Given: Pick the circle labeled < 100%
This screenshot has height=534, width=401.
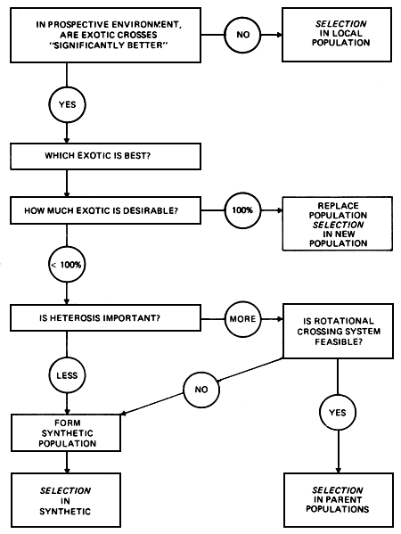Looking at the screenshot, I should [x=67, y=266].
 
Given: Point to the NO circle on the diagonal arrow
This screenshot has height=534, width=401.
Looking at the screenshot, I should [x=200, y=390].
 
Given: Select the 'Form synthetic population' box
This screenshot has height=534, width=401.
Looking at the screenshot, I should [x=67, y=431].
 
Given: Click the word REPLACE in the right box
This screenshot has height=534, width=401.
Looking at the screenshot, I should [x=337, y=204].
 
